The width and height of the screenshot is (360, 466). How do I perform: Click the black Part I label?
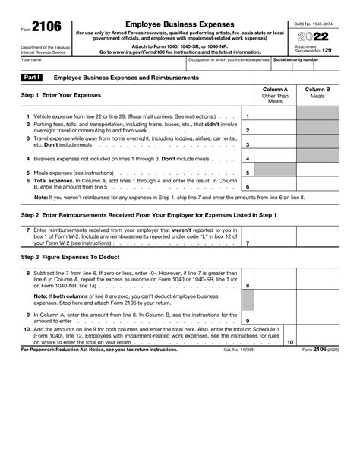pos(32,78)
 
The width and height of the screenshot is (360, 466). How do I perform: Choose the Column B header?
pos(317,93)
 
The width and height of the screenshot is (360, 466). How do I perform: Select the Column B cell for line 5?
pos(317,173)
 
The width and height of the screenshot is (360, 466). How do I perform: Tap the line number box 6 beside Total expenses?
pos(248,186)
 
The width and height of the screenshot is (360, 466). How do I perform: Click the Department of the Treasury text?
pos(44,47)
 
